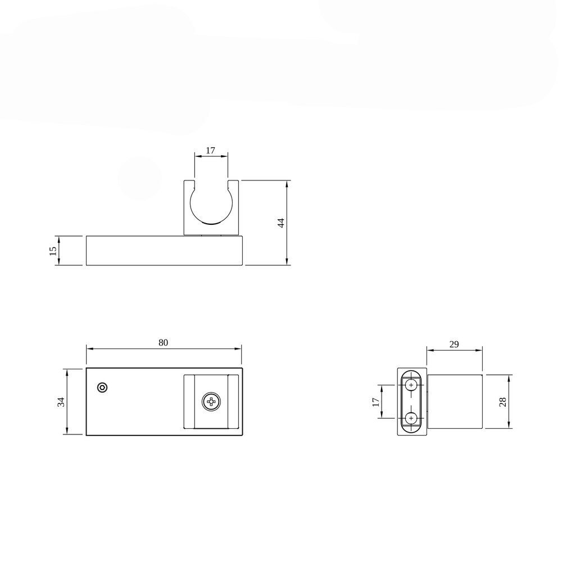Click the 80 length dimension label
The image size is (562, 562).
(x=163, y=343)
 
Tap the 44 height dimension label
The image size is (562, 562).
(x=282, y=223)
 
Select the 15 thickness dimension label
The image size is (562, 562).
(x=53, y=251)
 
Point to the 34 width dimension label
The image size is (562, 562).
(x=61, y=402)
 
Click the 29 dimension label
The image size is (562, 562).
(x=454, y=344)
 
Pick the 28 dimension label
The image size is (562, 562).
(x=502, y=401)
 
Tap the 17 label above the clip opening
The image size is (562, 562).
(x=210, y=150)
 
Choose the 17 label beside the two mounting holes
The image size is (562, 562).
(x=375, y=402)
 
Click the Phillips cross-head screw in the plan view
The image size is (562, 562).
(x=211, y=402)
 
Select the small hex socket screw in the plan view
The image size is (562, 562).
(x=102, y=387)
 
